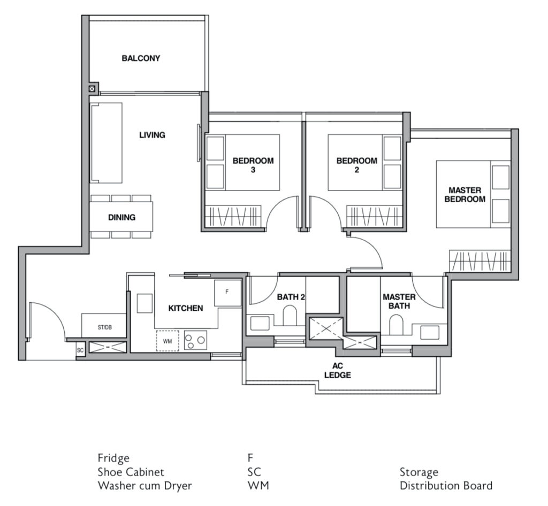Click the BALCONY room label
coord(141,58)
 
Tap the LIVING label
coord(152,135)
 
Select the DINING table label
coord(121,218)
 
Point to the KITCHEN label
coord(186,308)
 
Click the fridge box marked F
coord(227,293)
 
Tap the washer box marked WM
coord(167,341)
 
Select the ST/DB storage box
coord(104,327)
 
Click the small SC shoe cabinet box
coord(81,350)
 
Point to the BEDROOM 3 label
coord(253,165)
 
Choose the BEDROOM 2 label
coord(356,165)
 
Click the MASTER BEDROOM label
coord(465,195)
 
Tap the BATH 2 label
coord(291,296)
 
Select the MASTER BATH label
coord(396,301)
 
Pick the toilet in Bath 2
coord(290,316)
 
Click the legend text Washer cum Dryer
coord(144,486)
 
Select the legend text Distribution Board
coord(446,486)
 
